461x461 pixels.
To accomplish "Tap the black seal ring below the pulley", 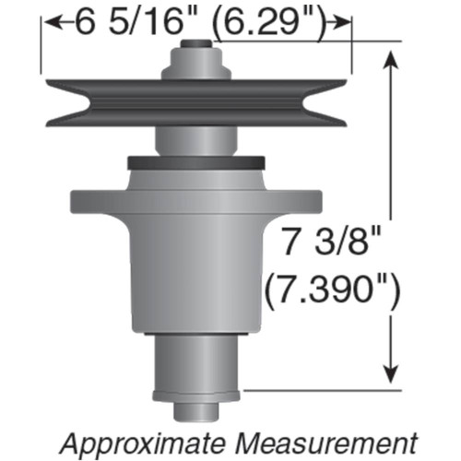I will [193, 163].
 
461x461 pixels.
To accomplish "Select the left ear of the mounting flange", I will [92, 200].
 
